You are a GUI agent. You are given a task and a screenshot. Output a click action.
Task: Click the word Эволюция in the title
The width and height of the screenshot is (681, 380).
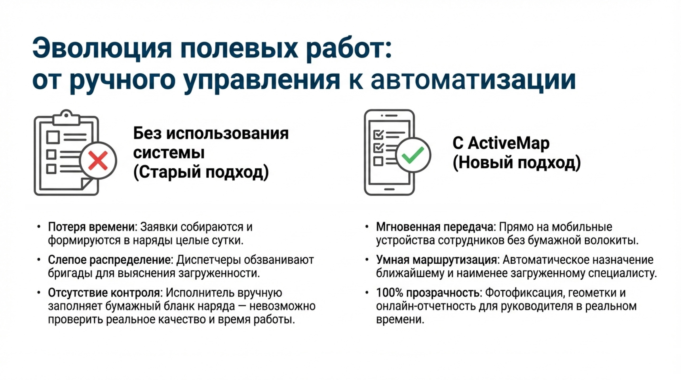pyautogui.click(x=102, y=49)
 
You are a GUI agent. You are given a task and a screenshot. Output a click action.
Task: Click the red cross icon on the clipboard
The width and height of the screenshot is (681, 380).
pyautogui.click(x=98, y=160)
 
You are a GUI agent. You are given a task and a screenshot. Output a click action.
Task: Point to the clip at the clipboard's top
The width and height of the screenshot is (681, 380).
pyautogui.click(x=66, y=116)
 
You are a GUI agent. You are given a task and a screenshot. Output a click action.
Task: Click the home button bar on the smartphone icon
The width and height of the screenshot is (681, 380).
pyautogui.click(x=389, y=189)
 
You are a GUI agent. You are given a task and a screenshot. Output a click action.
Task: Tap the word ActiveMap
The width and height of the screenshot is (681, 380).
pyautogui.click(x=509, y=143)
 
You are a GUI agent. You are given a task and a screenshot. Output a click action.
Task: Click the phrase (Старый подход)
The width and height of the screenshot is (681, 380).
pyautogui.click(x=201, y=172)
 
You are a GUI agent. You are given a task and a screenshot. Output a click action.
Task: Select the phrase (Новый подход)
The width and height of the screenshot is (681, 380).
pyautogui.click(x=517, y=162)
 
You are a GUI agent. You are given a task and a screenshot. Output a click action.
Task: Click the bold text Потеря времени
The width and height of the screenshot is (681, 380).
pyautogui.click(x=91, y=227)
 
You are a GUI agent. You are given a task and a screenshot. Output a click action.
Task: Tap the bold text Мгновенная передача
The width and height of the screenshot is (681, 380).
pyautogui.click(x=435, y=227)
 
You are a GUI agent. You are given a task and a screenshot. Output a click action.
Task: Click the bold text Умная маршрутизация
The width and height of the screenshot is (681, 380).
pyautogui.click(x=437, y=260)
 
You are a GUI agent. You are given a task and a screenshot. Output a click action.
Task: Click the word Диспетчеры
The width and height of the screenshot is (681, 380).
pyautogui.click(x=208, y=260)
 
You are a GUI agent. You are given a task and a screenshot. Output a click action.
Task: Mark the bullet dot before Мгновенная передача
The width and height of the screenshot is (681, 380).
pyautogui.click(x=367, y=227)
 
